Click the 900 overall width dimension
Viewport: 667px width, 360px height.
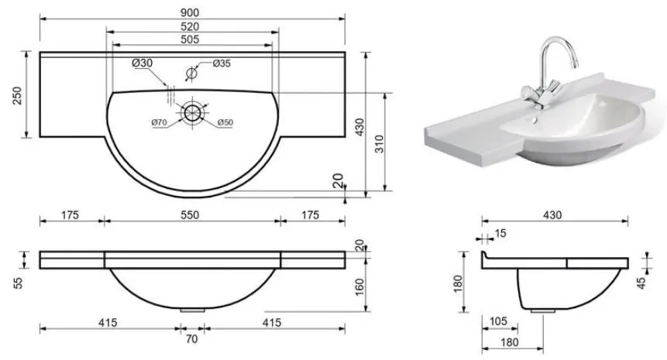190,12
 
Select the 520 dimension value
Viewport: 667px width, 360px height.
190,26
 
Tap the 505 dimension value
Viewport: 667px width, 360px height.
190,39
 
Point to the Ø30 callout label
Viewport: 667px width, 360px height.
142,63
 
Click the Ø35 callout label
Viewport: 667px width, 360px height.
222,63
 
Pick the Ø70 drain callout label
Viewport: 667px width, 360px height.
159,122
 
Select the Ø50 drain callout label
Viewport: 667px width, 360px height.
225,122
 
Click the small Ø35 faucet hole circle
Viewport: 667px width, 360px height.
192,73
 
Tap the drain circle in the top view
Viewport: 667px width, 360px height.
193,112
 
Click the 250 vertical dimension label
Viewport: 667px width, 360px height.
16,96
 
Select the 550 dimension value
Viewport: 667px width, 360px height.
190,215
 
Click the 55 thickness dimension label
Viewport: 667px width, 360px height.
18,283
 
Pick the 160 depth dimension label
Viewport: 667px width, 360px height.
359,287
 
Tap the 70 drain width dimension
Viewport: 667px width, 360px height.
192,339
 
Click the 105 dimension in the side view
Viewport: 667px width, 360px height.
498,321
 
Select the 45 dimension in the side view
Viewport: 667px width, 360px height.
641,283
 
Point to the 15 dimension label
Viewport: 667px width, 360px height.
500,233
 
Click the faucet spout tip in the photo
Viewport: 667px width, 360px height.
576,65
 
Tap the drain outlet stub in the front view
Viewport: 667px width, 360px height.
192,310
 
